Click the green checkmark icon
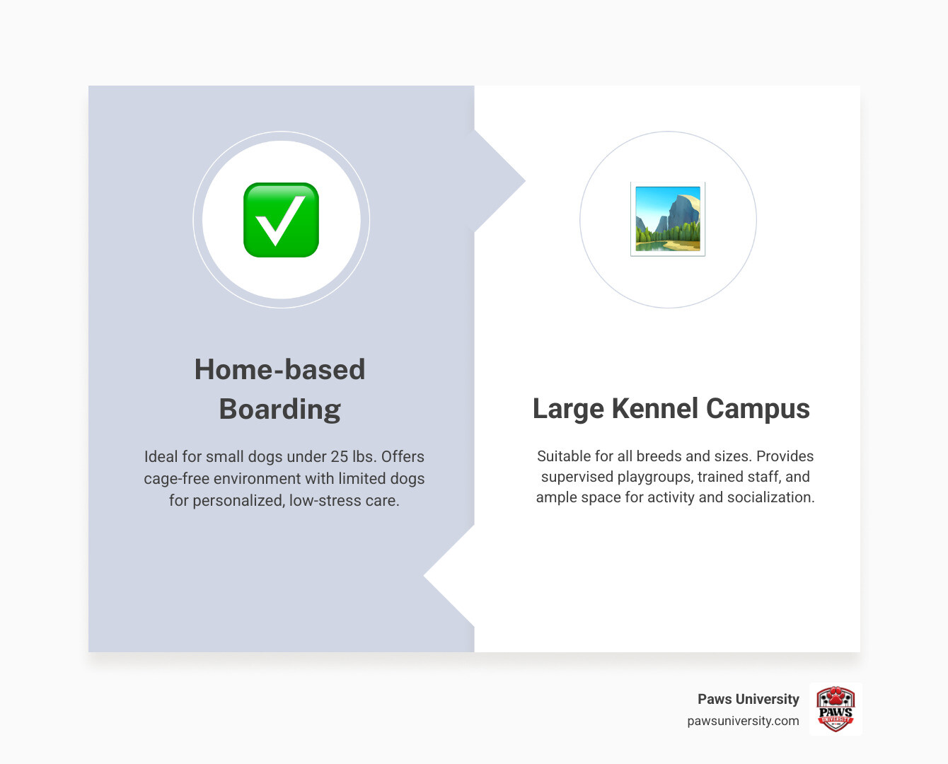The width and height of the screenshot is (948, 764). (x=281, y=220)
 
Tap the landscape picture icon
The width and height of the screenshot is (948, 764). (x=668, y=219)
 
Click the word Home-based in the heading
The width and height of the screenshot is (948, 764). (x=279, y=369)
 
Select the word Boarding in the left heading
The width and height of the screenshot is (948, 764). (x=279, y=409)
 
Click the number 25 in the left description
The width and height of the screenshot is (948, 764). (x=339, y=457)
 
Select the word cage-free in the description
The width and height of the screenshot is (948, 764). (x=176, y=479)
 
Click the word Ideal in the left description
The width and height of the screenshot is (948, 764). (x=161, y=457)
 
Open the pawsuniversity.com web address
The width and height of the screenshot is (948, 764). (x=743, y=721)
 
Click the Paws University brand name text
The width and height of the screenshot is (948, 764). (x=748, y=699)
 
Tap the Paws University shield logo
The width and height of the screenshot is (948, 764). (x=835, y=709)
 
